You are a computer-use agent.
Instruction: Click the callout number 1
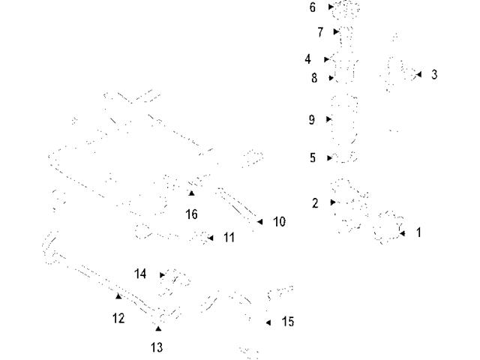[x=418, y=233]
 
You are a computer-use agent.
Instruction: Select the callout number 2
[x=315, y=202]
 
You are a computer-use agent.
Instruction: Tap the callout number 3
[x=434, y=75]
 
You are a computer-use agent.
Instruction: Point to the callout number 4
[x=307, y=59]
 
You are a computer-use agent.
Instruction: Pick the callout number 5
[x=312, y=158]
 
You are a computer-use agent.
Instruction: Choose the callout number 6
[x=312, y=7]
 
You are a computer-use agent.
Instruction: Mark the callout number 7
[x=319, y=32]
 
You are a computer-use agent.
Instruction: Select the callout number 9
[x=312, y=119]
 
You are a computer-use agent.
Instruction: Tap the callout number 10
[x=279, y=222]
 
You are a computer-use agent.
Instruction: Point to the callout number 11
[x=229, y=238]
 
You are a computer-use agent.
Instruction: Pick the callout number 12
[x=118, y=318]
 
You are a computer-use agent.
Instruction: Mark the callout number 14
[x=141, y=274]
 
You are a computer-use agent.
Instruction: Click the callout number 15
[x=288, y=322]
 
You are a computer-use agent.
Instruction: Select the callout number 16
[x=191, y=214]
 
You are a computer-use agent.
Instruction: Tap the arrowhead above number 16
[x=191, y=193]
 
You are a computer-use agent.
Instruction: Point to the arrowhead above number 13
[x=157, y=328]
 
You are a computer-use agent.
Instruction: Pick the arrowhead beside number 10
[x=260, y=222]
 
